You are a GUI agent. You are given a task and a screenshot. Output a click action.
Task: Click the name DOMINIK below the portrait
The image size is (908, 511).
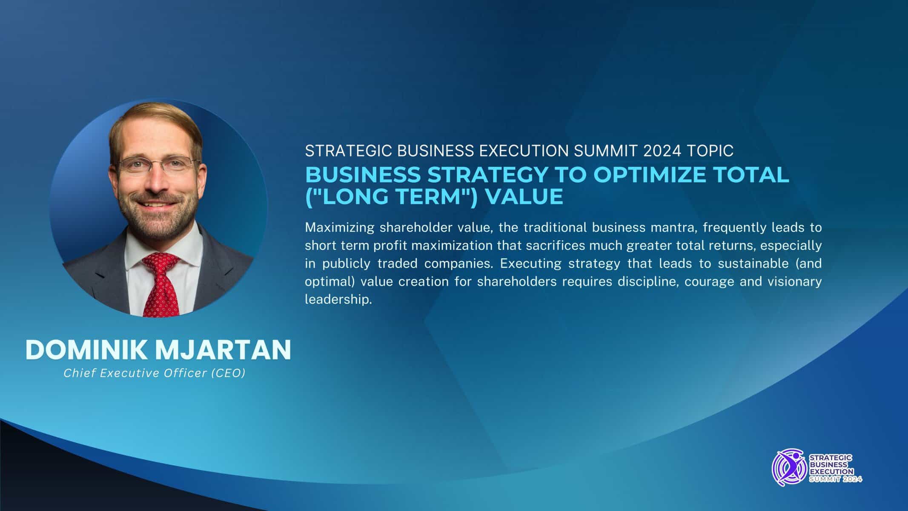pos(86,350)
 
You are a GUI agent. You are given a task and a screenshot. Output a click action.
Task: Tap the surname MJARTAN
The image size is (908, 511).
pos(223,350)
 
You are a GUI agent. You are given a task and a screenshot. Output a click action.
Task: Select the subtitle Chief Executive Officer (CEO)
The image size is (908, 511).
pos(155,373)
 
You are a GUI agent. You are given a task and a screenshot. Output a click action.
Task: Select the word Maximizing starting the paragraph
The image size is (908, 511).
pos(339,228)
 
